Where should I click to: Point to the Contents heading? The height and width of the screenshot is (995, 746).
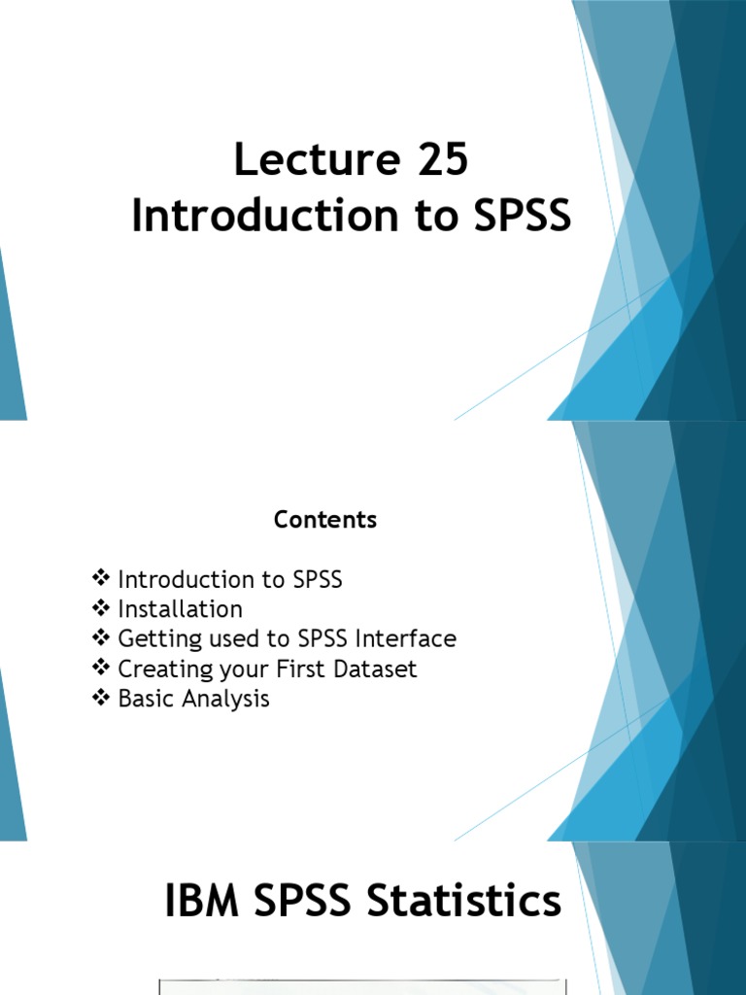pos(325,520)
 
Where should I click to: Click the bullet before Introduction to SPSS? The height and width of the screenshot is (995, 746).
pos(101,579)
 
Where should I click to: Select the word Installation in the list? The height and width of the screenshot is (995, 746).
pos(180,609)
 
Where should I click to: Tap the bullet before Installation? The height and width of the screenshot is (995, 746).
pos(101,609)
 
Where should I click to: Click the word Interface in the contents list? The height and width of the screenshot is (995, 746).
pos(405,638)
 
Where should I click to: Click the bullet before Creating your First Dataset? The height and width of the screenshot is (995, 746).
pos(101,669)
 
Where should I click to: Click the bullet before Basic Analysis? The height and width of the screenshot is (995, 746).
pos(101,698)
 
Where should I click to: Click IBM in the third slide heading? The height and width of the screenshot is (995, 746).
pos(201,902)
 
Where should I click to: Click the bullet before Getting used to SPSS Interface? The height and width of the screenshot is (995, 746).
pos(101,638)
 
